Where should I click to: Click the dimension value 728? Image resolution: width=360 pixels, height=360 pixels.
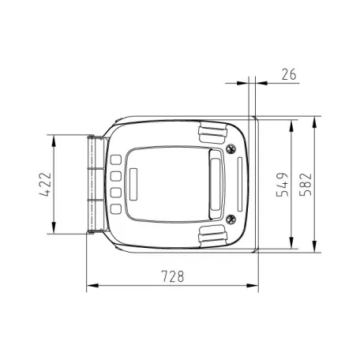point(172,276)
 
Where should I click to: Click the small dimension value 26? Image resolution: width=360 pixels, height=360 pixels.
point(288,73)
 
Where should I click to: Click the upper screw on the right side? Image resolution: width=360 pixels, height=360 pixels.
point(231,149)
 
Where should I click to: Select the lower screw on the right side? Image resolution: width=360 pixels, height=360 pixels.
point(231,219)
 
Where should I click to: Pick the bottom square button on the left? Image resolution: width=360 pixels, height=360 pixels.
point(115,209)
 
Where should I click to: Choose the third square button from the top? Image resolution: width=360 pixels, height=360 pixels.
point(115,192)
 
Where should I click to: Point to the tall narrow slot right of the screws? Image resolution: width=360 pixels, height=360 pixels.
point(239,184)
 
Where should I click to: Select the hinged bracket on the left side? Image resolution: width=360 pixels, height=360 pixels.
point(95,186)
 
